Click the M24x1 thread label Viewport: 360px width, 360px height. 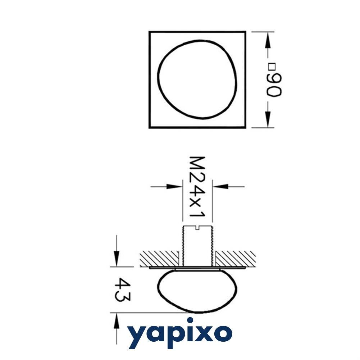[197, 187]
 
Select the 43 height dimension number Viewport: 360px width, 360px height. [122, 290]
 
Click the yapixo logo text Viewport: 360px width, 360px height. [180, 333]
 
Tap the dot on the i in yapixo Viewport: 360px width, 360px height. [190, 320]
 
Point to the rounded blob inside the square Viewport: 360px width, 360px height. [197, 79]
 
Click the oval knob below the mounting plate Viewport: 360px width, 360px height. [197, 291]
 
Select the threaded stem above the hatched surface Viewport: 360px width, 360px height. [197, 246]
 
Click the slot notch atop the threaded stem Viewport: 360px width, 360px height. [197, 228]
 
